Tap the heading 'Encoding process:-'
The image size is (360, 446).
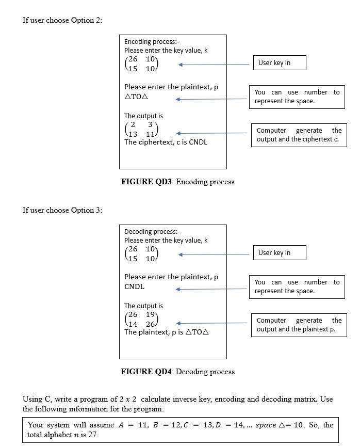click(152, 41)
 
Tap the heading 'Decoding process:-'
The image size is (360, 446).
click(152, 231)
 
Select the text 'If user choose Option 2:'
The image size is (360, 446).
click(62, 20)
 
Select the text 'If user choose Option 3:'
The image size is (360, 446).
click(62, 210)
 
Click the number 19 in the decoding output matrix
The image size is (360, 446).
click(151, 315)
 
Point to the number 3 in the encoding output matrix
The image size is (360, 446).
click(150, 125)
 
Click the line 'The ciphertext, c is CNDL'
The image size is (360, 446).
click(166, 142)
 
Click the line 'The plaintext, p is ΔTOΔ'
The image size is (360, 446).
click(166, 332)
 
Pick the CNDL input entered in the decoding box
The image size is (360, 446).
click(134, 286)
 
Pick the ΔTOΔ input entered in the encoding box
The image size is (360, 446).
click(137, 97)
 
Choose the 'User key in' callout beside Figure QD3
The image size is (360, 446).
click(279, 63)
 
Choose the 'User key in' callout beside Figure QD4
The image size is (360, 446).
click(279, 253)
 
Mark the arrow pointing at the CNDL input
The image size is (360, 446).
click(211, 289)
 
